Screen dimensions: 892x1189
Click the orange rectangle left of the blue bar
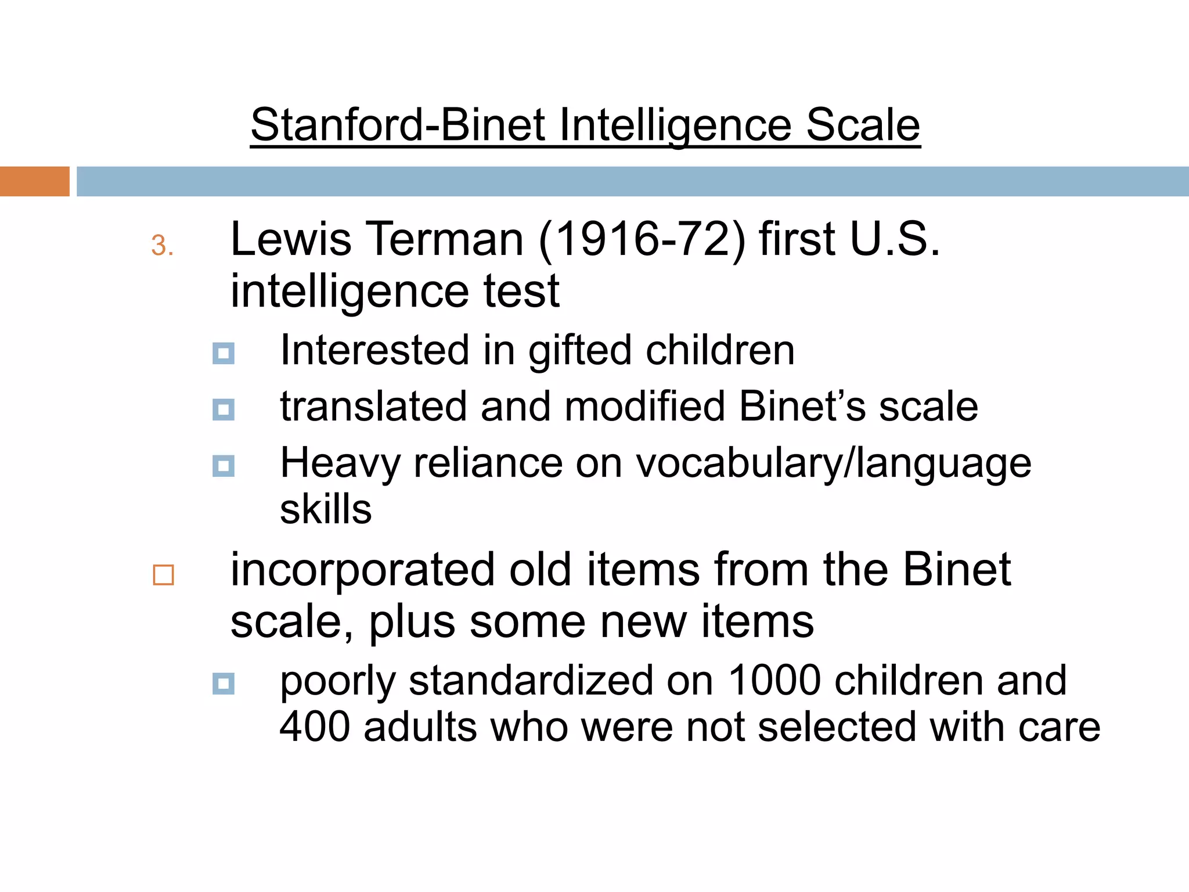click(34, 181)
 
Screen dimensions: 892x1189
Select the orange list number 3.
click(162, 246)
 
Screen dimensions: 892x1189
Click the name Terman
click(445, 239)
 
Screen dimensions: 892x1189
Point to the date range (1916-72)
click(642, 239)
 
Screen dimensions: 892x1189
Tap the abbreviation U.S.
click(894, 239)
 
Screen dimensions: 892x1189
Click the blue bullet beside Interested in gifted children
click(224, 353)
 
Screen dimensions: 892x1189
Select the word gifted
click(580, 351)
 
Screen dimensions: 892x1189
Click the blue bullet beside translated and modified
click(224, 409)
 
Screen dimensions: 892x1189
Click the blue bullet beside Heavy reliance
click(224, 466)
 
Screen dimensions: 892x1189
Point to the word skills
click(326, 509)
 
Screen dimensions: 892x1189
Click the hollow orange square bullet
click(163, 575)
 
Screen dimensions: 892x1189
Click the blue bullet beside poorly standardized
click(224, 684)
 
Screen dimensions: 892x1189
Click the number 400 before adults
click(315, 726)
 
